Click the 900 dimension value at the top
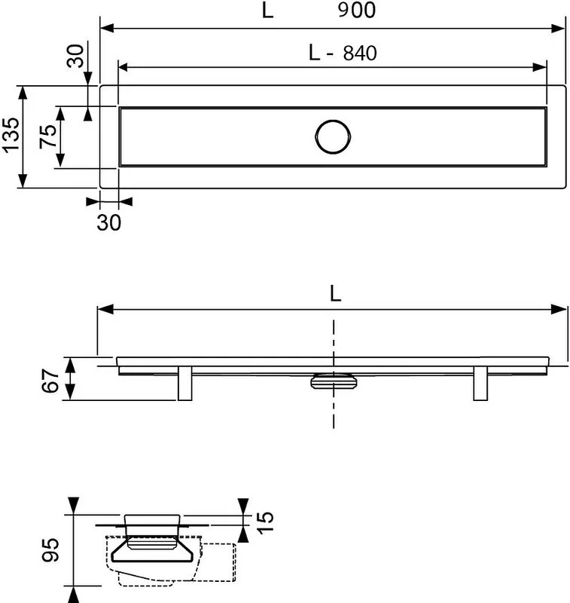(x=356, y=11)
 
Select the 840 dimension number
(x=360, y=53)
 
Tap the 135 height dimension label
(x=11, y=135)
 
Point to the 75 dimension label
(x=48, y=136)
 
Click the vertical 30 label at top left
(x=75, y=56)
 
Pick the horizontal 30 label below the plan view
(x=108, y=222)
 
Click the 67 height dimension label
(x=50, y=381)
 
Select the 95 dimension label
(x=50, y=550)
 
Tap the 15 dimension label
(x=265, y=522)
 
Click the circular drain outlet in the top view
(x=333, y=137)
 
